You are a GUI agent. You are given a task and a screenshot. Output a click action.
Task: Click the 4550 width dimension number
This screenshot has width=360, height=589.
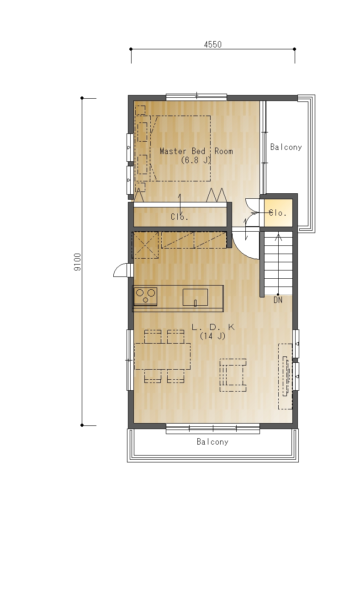[213, 44]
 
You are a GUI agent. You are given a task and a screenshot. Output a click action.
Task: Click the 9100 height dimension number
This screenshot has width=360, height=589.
[77, 262]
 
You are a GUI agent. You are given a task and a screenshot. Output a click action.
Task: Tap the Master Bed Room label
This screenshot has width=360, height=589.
[196, 151]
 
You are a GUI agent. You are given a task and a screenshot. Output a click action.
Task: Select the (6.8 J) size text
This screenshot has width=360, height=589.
[196, 160]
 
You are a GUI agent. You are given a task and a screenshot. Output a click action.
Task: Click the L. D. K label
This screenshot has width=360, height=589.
[213, 327]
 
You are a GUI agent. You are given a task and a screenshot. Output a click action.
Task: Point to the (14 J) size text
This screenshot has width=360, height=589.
[213, 336]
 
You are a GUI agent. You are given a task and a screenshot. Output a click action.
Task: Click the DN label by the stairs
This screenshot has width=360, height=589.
[278, 300]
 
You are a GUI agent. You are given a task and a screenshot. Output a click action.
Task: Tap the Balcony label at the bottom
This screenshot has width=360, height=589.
[212, 441]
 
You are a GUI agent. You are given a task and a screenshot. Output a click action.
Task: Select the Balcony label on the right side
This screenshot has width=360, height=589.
[286, 147]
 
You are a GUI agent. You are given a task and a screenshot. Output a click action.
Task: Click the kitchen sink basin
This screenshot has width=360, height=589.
[195, 297]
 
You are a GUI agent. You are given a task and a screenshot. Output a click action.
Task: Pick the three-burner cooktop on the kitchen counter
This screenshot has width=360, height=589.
[145, 297]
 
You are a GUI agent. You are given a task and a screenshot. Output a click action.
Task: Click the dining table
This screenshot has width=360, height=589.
[162, 356]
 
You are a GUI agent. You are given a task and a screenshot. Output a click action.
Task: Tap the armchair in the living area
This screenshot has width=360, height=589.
[233, 375]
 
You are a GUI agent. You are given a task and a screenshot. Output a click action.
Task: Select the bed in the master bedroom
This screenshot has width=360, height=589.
[180, 149]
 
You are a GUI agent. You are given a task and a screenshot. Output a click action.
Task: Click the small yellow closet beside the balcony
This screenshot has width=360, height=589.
[278, 213]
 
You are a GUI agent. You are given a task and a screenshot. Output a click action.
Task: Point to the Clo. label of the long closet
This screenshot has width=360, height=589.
[180, 217]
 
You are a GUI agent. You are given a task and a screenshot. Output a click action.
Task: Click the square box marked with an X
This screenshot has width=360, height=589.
[145, 245]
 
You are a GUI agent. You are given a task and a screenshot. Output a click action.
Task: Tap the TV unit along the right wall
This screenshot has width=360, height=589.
[286, 376]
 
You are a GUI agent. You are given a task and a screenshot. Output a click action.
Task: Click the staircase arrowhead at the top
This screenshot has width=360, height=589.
[278, 237]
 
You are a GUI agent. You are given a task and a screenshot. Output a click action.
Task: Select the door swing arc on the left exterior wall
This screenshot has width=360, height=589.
[120, 270]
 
